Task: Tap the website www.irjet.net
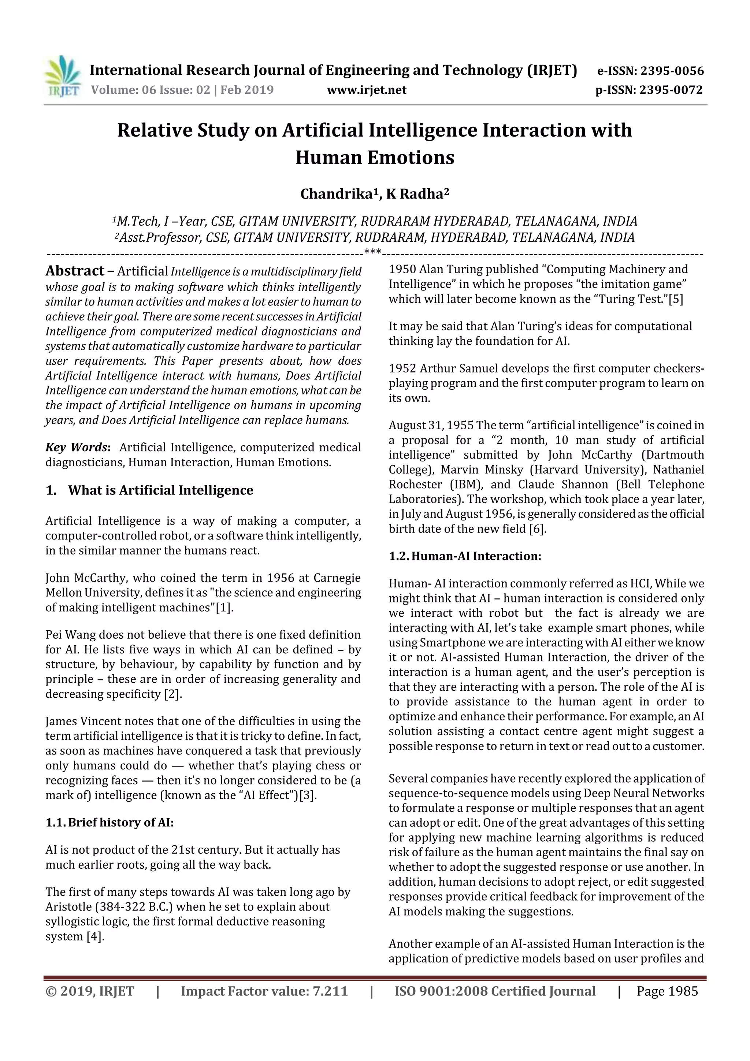click(x=367, y=90)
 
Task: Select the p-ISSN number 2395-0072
click(x=671, y=90)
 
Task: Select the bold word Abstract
click(x=75, y=271)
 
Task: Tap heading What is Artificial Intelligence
click(x=160, y=490)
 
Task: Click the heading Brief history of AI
click(x=120, y=823)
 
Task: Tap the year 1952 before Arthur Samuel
click(x=402, y=369)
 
